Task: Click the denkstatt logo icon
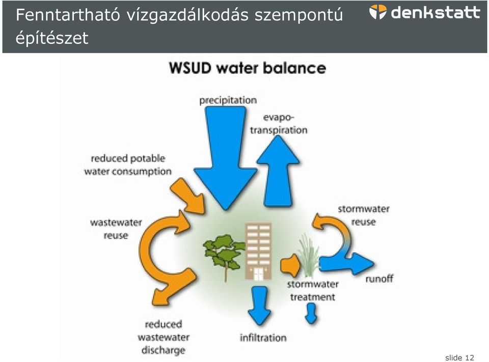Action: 378,12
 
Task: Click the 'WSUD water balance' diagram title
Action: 248,68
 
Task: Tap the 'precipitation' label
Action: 228,100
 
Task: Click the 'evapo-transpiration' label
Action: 279,124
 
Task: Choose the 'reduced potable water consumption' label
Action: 128,165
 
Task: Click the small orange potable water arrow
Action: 188,196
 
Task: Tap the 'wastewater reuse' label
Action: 116,229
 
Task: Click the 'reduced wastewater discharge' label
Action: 164,338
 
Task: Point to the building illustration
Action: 259,251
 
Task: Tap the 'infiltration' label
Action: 263,338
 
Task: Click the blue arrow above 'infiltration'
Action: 259,305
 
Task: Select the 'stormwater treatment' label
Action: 313,291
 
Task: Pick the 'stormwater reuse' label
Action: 364,215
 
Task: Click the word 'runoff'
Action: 379,279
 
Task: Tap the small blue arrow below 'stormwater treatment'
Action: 311,313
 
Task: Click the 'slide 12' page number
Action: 459,357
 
